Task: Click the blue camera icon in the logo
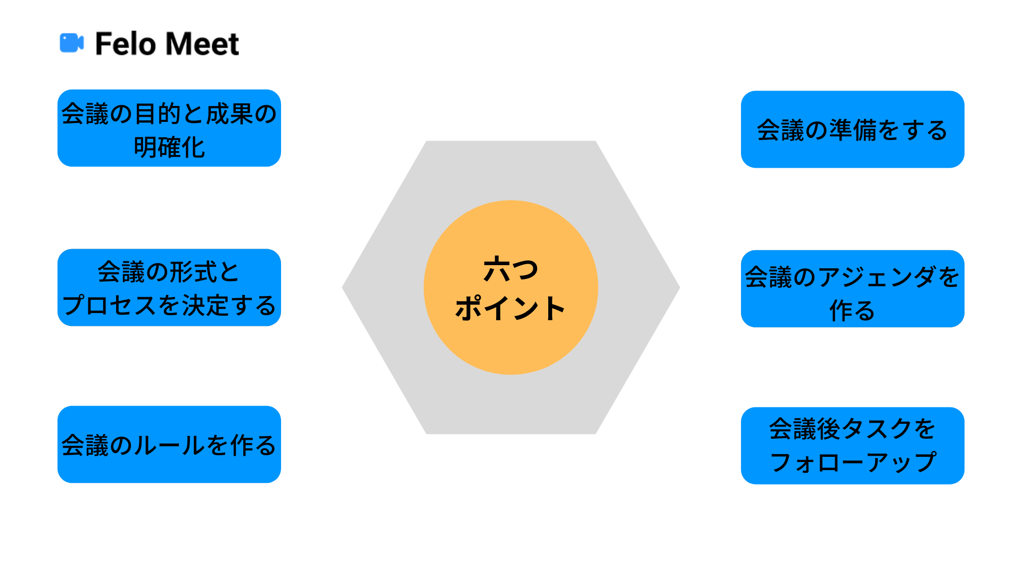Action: tap(71, 43)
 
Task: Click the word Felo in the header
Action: tap(126, 44)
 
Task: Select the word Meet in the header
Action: tap(203, 44)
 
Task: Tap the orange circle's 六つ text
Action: tap(510, 269)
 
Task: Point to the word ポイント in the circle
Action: tap(510, 308)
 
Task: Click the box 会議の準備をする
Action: tap(852, 129)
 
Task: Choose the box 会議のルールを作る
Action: tap(169, 445)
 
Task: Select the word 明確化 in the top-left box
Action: tap(169, 147)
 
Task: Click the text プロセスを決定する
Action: tap(169, 306)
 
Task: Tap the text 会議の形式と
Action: tap(169, 272)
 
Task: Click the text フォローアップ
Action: tap(852, 462)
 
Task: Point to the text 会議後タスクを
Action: tap(852, 429)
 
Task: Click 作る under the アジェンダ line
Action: tap(852, 310)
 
